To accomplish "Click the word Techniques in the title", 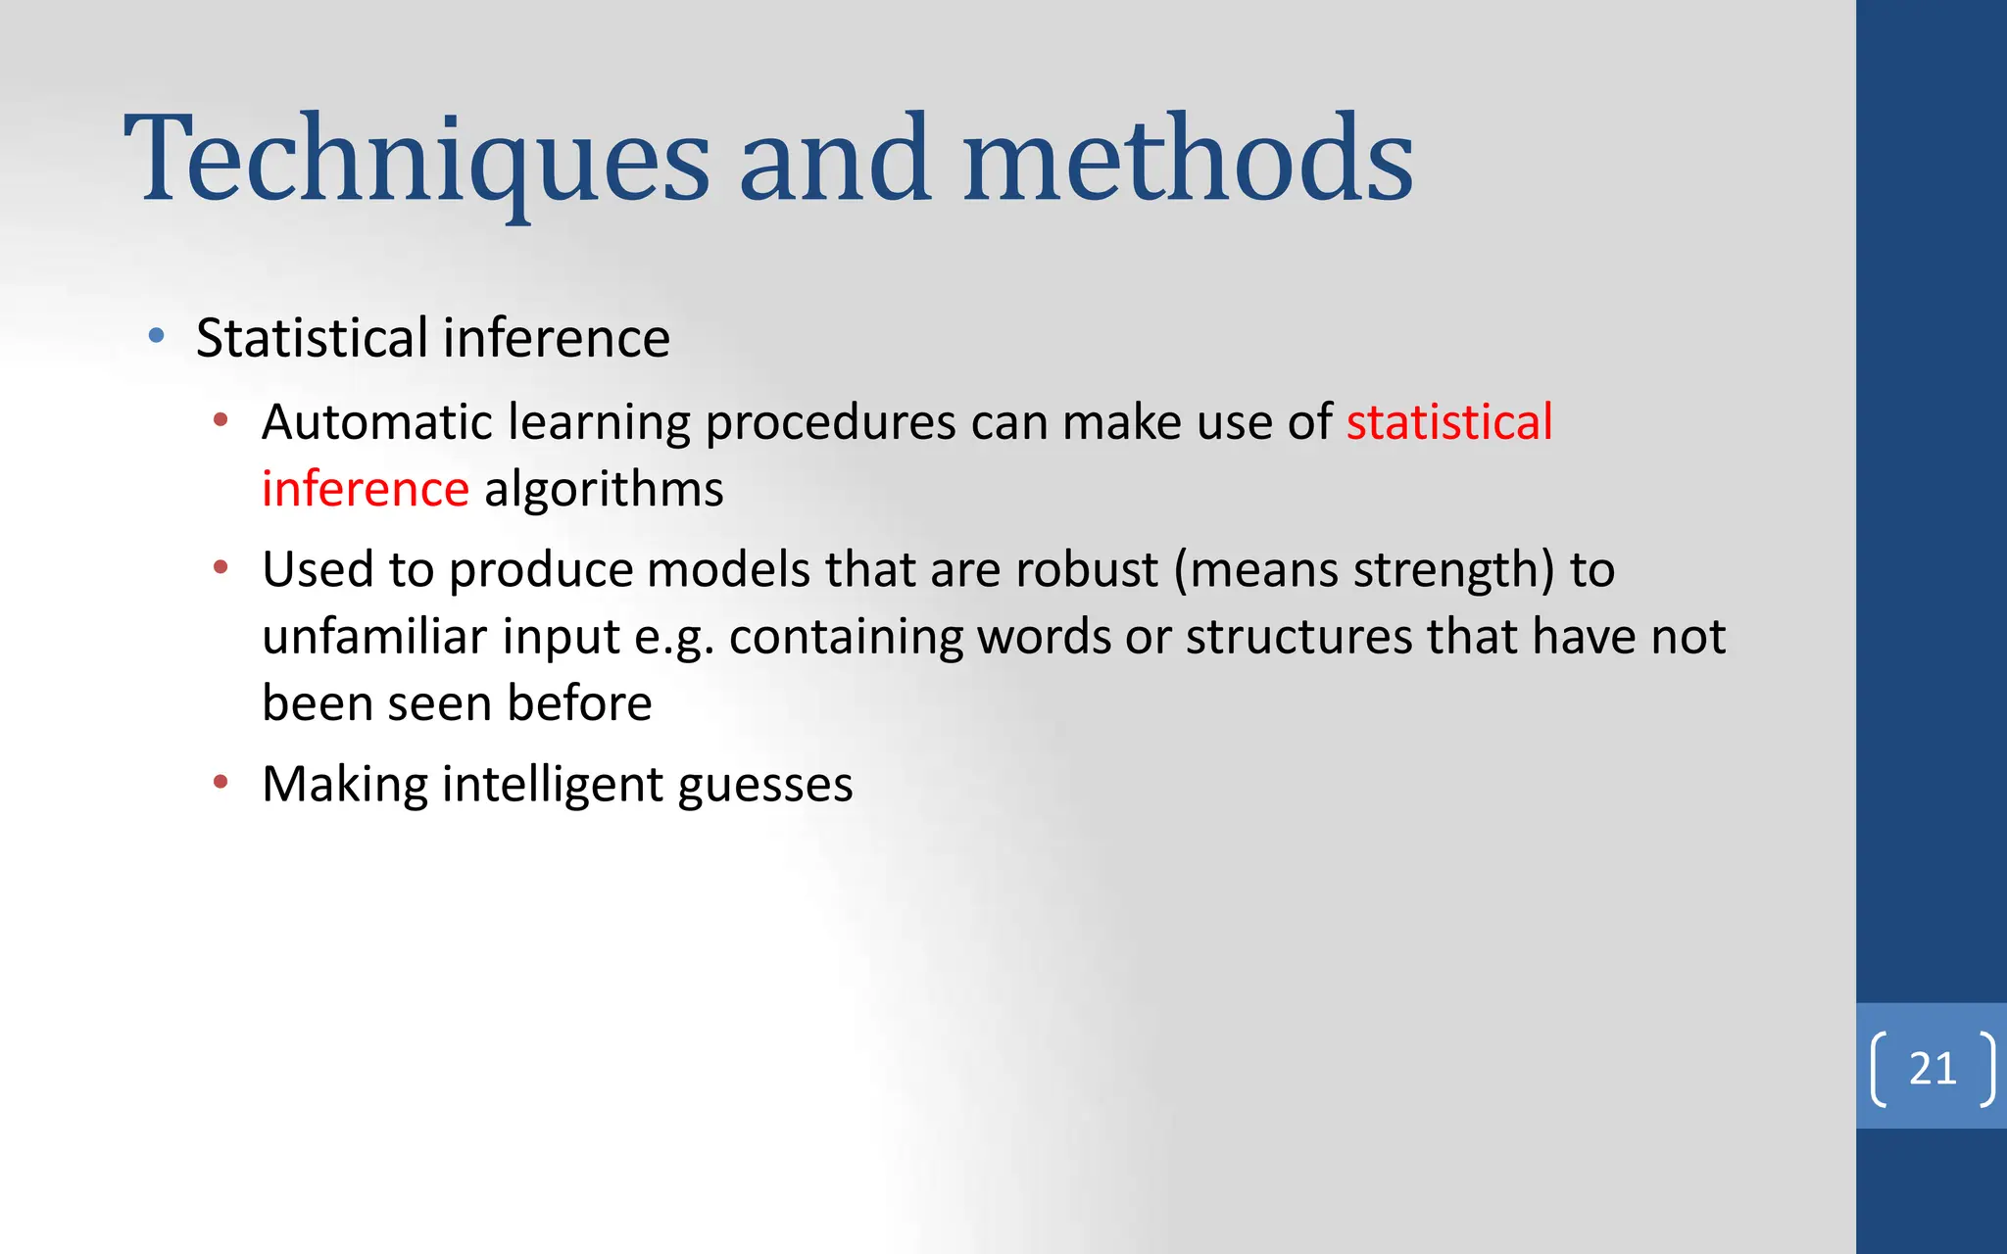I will coord(416,162).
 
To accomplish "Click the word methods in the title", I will coord(1188,162).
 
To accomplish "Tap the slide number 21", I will coord(1933,1068).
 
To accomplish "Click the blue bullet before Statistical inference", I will coord(156,337).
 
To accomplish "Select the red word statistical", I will coord(1448,422).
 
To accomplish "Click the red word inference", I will coord(366,489).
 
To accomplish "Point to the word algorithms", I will coord(604,489).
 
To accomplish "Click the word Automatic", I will coord(377,422).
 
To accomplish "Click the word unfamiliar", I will coord(374,637).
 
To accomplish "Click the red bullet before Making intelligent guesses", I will coord(220,782).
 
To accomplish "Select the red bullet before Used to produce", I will coord(220,567).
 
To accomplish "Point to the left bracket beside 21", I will coord(1880,1069).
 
